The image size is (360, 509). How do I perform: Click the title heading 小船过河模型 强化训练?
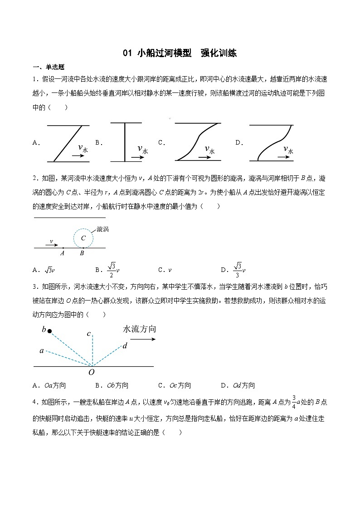180,53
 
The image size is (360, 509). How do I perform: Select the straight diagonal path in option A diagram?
68,143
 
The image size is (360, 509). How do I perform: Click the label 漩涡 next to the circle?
102,230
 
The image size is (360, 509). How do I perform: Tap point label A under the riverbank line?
62,254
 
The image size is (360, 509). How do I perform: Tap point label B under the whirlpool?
82,254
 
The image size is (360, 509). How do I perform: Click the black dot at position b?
49,331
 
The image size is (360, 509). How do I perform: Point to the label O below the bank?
92,373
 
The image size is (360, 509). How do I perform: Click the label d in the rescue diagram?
125,346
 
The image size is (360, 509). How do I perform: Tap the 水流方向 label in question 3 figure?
139,329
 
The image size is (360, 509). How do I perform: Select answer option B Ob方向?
112,385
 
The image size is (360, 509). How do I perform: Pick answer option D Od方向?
238,385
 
